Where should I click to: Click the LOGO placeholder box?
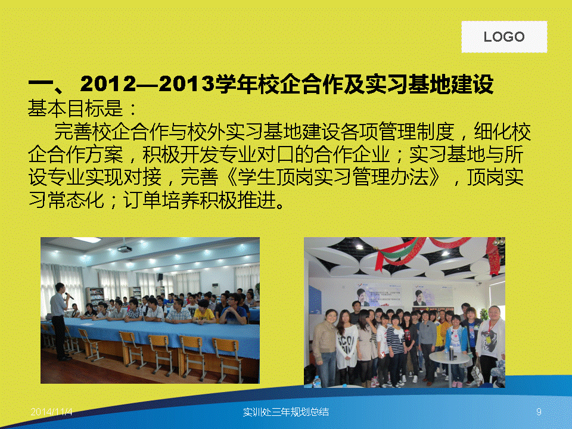coord(504,36)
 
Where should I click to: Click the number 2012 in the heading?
coord(108,83)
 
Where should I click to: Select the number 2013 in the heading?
coord(186,83)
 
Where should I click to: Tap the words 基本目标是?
coord(76,108)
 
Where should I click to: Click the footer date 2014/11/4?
coord(51,412)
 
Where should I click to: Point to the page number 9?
coord(539,412)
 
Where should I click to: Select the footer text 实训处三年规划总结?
coord(285,412)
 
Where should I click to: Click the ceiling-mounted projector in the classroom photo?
coord(125,249)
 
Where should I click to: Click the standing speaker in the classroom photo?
coord(59,321)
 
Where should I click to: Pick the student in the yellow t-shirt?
coord(204,312)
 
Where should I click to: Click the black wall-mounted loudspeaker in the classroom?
coord(160,277)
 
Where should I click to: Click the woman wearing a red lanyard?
coord(491,343)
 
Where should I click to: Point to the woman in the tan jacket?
coord(325,347)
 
